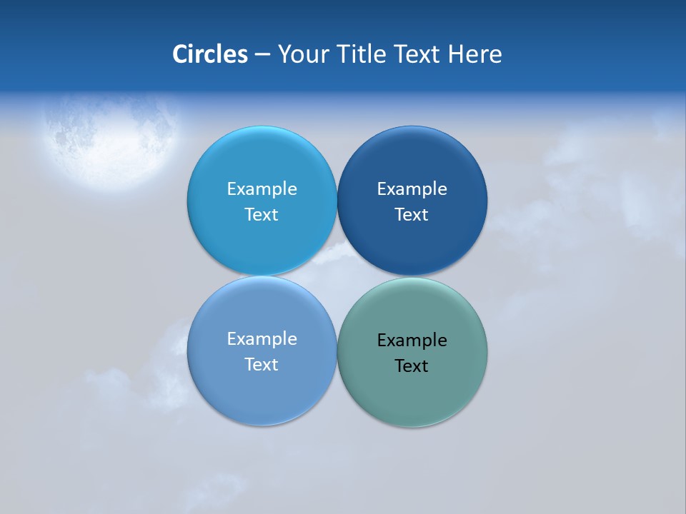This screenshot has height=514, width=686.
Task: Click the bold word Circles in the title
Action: coord(210,54)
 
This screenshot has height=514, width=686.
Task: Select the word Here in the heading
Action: coord(474,54)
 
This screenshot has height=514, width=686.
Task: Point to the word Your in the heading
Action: coord(305,54)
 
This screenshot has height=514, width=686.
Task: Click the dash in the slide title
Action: coord(262,54)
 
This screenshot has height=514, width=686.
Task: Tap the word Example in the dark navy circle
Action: coord(412,189)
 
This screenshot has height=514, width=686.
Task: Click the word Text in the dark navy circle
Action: coord(412,215)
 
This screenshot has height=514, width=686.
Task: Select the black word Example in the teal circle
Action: coord(412,341)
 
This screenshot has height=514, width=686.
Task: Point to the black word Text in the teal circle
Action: coord(412,366)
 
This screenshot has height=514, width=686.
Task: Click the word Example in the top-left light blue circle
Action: coord(262,189)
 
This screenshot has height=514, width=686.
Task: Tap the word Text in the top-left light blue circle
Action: coord(262,215)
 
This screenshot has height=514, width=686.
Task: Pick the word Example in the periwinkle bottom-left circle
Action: coord(262,339)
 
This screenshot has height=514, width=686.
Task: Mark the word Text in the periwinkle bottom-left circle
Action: coord(262,365)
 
